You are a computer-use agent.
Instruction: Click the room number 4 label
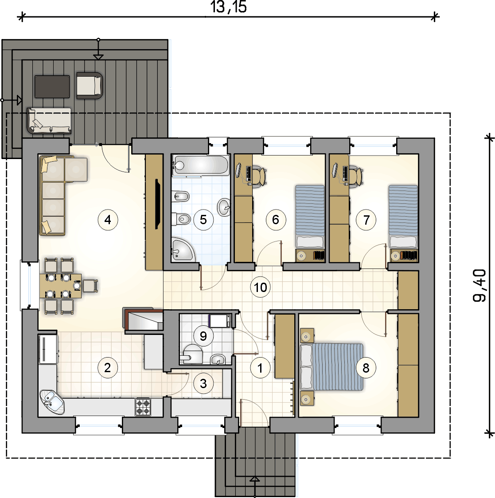click(x=108, y=219)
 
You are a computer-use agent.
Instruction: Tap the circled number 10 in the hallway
click(x=260, y=288)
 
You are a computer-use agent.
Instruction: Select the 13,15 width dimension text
click(x=228, y=7)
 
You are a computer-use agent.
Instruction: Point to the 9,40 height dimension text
click(x=479, y=285)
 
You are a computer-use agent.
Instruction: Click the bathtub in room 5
click(x=200, y=165)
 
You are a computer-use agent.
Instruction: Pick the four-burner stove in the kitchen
click(x=143, y=407)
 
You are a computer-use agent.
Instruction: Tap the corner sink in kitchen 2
click(x=51, y=402)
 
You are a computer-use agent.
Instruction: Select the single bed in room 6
click(x=310, y=217)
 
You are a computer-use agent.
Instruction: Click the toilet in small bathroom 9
click(x=191, y=354)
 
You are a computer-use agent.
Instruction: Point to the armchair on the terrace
click(x=89, y=86)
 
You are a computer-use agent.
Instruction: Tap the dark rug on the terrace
click(x=52, y=86)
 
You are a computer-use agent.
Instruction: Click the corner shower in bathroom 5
click(x=183, y=249)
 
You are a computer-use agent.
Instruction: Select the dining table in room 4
click(x=60, y=285)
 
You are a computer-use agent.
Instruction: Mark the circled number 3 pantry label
click(x=203, y=383)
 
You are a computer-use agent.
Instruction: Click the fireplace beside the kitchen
click(x=143, y=320)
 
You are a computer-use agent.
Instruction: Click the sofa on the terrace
click(x=49, y=121)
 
